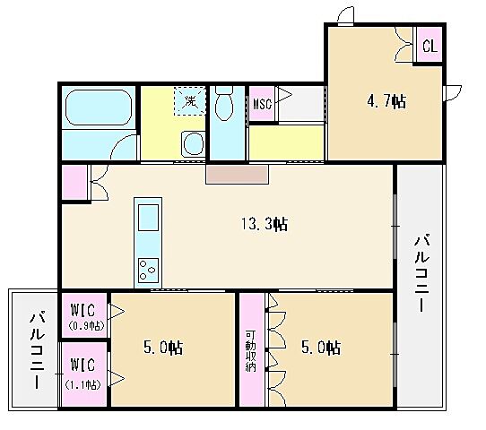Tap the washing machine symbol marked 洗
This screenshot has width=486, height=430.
190,100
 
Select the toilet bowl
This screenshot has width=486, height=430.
225,105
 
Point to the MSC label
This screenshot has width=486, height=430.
262,104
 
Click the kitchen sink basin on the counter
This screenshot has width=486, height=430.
147,218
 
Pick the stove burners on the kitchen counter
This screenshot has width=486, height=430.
147,267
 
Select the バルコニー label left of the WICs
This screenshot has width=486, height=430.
35,349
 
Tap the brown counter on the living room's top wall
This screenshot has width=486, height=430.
237,174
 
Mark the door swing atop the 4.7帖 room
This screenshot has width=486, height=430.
343,15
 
